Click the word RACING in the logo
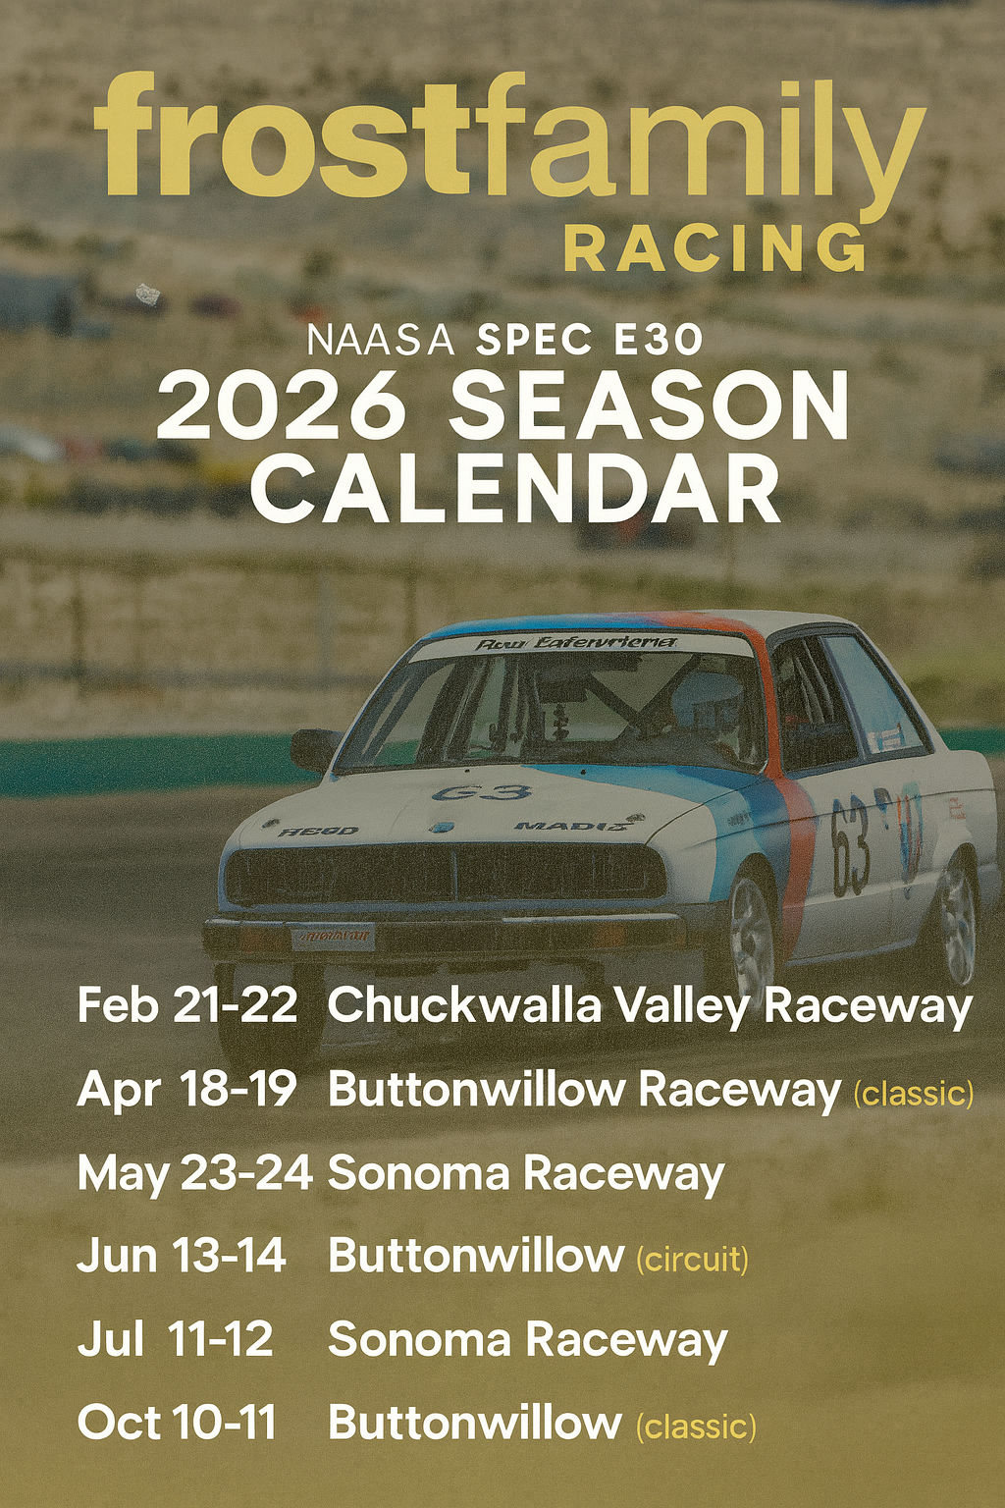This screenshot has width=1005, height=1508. [715, 247]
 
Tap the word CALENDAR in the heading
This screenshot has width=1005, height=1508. [515, 489]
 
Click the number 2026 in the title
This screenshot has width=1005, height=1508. [281, 406]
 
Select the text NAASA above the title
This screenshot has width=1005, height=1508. [381, 341]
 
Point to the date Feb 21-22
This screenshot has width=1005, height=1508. [186, 1005]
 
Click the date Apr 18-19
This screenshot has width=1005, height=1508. [186, 1089]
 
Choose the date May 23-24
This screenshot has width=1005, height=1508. [194, 1172]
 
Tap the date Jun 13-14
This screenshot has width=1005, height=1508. [182, 1256]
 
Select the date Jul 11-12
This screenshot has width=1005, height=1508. [175, 1339]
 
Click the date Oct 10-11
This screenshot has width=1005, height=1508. [177, 1423]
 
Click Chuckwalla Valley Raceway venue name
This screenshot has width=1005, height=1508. [650, 1005]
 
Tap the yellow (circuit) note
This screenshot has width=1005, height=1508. [693, 1259]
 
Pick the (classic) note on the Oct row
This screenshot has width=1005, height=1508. [697, 1426]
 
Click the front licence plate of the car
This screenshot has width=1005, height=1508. [332, 936]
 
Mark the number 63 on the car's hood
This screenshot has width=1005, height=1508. [481, 791]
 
